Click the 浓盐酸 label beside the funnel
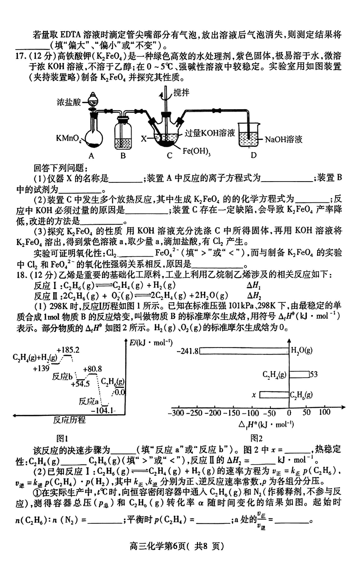[x=69, y=102]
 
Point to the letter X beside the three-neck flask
[x=143, y=138]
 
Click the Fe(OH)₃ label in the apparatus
[x=196, y=151]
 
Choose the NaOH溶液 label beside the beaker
[x=284, y=139]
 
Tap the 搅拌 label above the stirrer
[x=181, y=93]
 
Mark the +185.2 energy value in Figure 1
[x=68, y=350]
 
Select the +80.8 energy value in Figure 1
[x=92, y=369]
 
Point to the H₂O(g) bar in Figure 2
[x=244, y=351]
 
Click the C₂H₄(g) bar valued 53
[x=299, y=375]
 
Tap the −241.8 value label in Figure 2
[x=188, y=351]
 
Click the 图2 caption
[x=256, y=439]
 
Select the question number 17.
[x=20, y=56]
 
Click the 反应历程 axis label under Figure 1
[x=69, y=420]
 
